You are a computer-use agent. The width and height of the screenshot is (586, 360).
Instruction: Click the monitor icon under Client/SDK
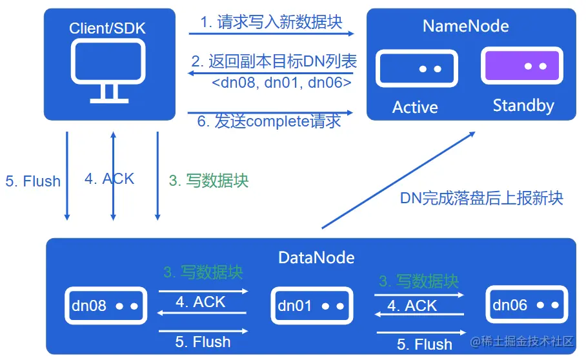109,70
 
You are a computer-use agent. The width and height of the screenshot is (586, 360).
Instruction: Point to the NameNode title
465,26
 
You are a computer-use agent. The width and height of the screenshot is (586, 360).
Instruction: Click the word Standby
523,105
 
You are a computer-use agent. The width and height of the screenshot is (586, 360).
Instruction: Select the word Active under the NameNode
415,107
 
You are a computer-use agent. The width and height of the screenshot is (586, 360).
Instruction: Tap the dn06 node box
526,305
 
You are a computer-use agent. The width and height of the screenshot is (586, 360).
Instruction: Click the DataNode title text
316,257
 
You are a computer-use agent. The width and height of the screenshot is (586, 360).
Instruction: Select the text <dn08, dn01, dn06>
281,83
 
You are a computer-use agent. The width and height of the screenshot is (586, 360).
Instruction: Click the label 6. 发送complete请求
269,121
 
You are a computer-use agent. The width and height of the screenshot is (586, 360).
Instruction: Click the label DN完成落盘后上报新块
481,197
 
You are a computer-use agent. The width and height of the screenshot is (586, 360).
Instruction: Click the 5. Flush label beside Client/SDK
33,181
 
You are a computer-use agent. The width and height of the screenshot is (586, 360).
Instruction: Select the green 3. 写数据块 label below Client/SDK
208,181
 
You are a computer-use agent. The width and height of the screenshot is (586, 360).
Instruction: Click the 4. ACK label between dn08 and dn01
201,302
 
